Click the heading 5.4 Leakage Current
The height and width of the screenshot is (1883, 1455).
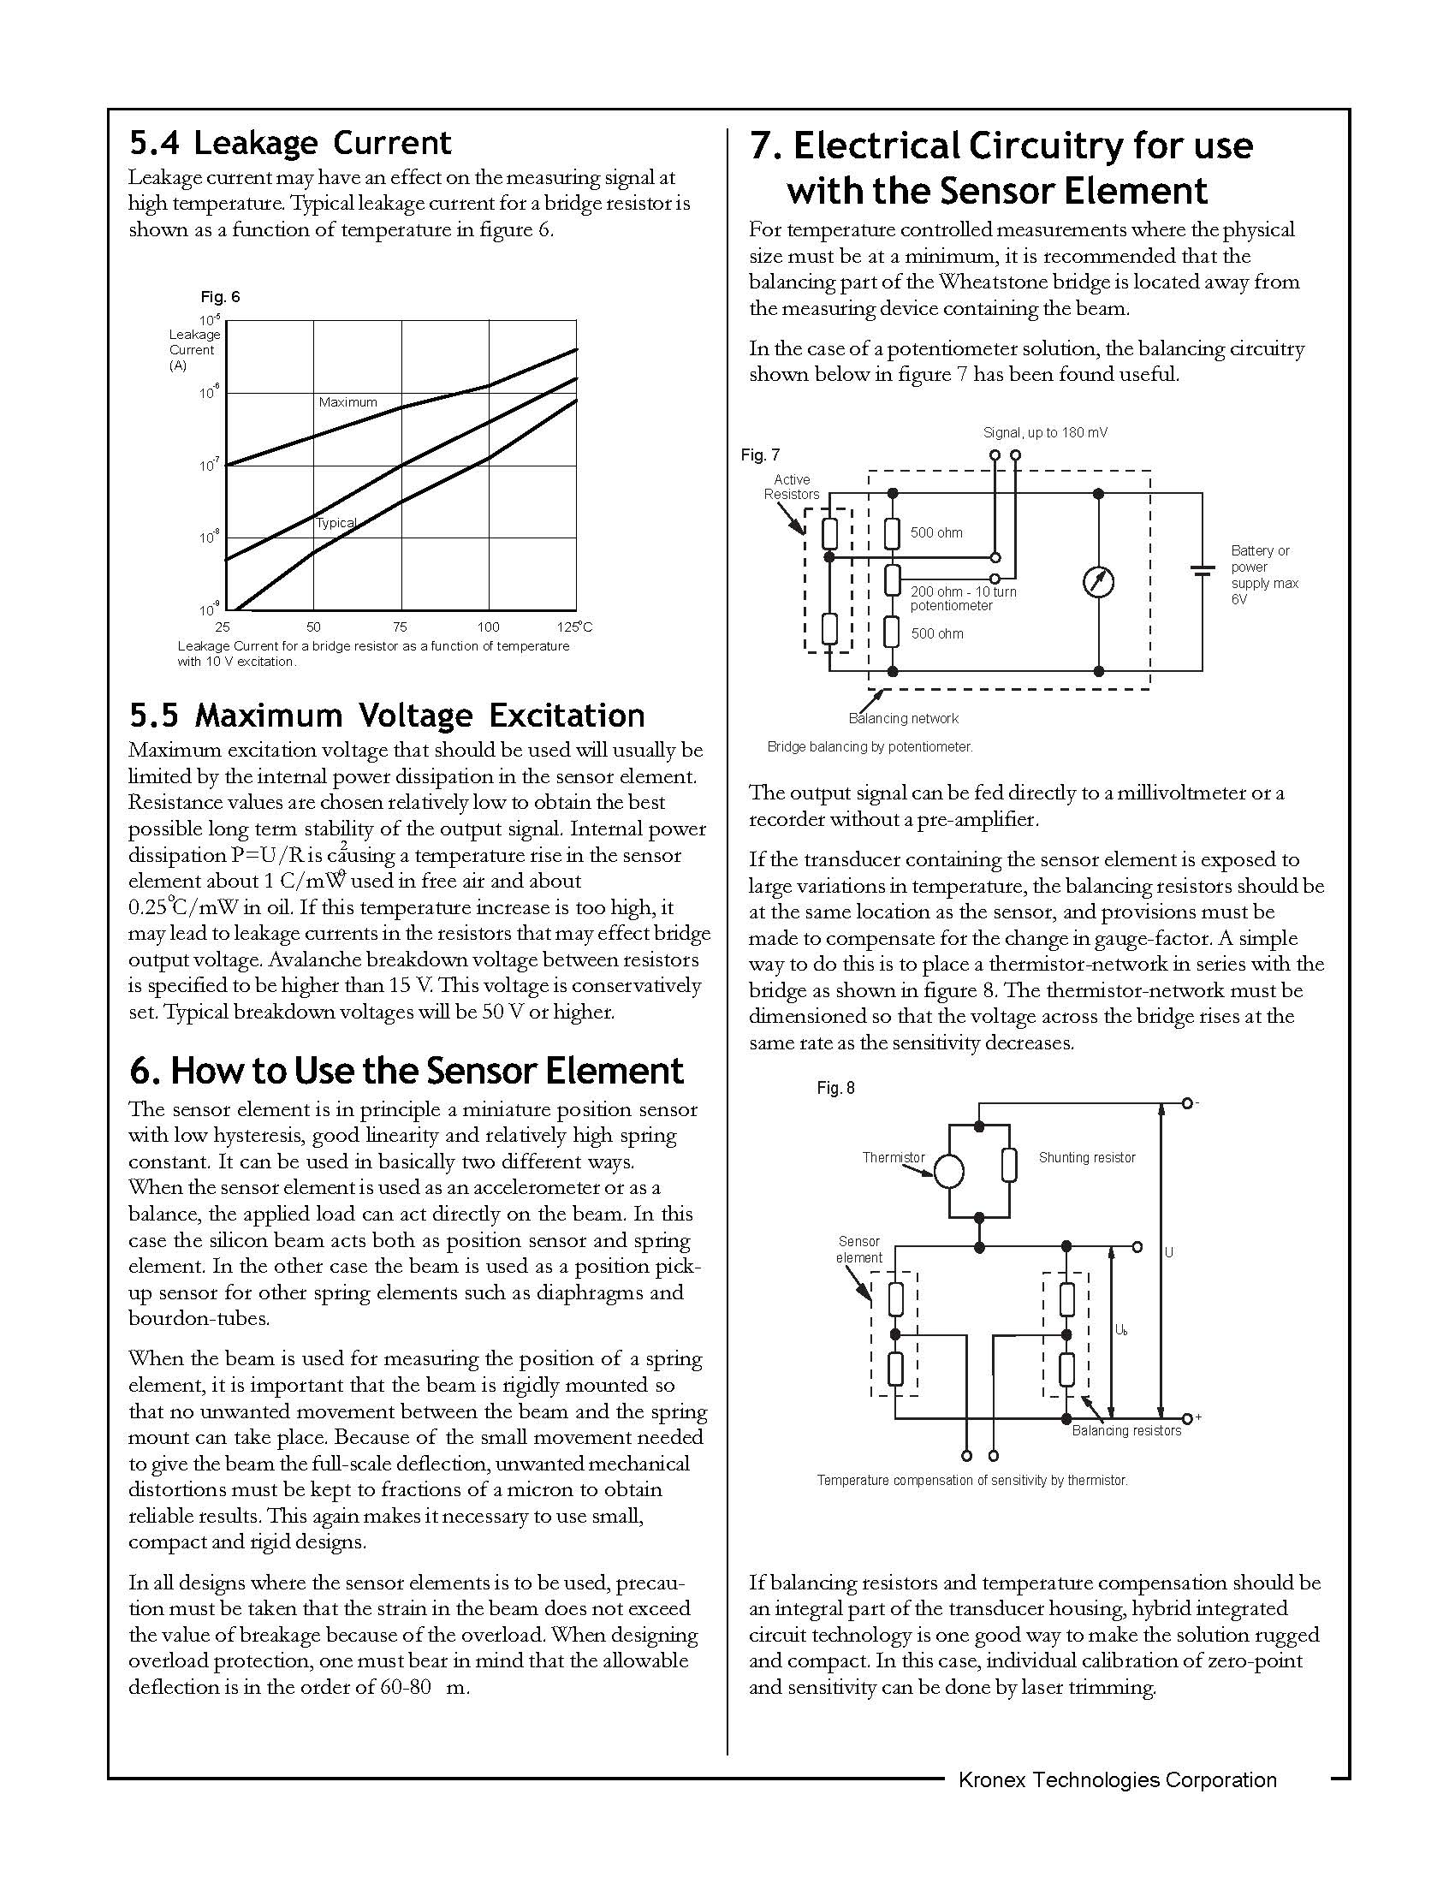289,143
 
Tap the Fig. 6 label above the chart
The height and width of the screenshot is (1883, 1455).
220,298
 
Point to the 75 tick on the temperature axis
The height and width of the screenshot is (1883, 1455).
400,627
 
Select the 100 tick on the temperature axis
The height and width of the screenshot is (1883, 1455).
488,627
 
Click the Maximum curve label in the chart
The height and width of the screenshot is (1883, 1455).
347,402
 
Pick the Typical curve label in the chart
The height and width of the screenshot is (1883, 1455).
336,523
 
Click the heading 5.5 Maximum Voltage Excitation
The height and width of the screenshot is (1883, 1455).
387,716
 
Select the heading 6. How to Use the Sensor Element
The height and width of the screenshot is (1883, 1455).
406,1071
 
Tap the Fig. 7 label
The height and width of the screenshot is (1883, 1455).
759,455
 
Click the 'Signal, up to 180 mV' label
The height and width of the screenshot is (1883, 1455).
1045,433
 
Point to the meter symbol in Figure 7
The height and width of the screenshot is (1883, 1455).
1098,583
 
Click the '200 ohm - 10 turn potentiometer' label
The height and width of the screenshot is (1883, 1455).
963,599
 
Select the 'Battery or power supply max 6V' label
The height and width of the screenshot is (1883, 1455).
1263,575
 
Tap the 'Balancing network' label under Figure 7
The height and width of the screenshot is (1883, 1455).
902,719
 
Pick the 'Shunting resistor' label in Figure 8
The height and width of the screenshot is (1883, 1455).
1086,1158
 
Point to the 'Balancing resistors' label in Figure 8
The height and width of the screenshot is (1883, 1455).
1125,1431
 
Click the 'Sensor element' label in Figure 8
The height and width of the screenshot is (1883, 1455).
858,1250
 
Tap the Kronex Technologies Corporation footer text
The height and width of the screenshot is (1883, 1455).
1117,1780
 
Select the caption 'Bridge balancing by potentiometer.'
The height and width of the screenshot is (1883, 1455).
869,747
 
